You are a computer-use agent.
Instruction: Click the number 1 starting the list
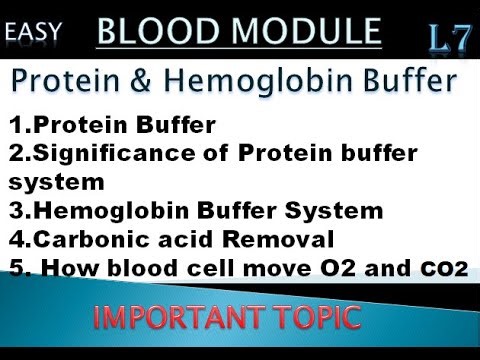click(x=14, y=126)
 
